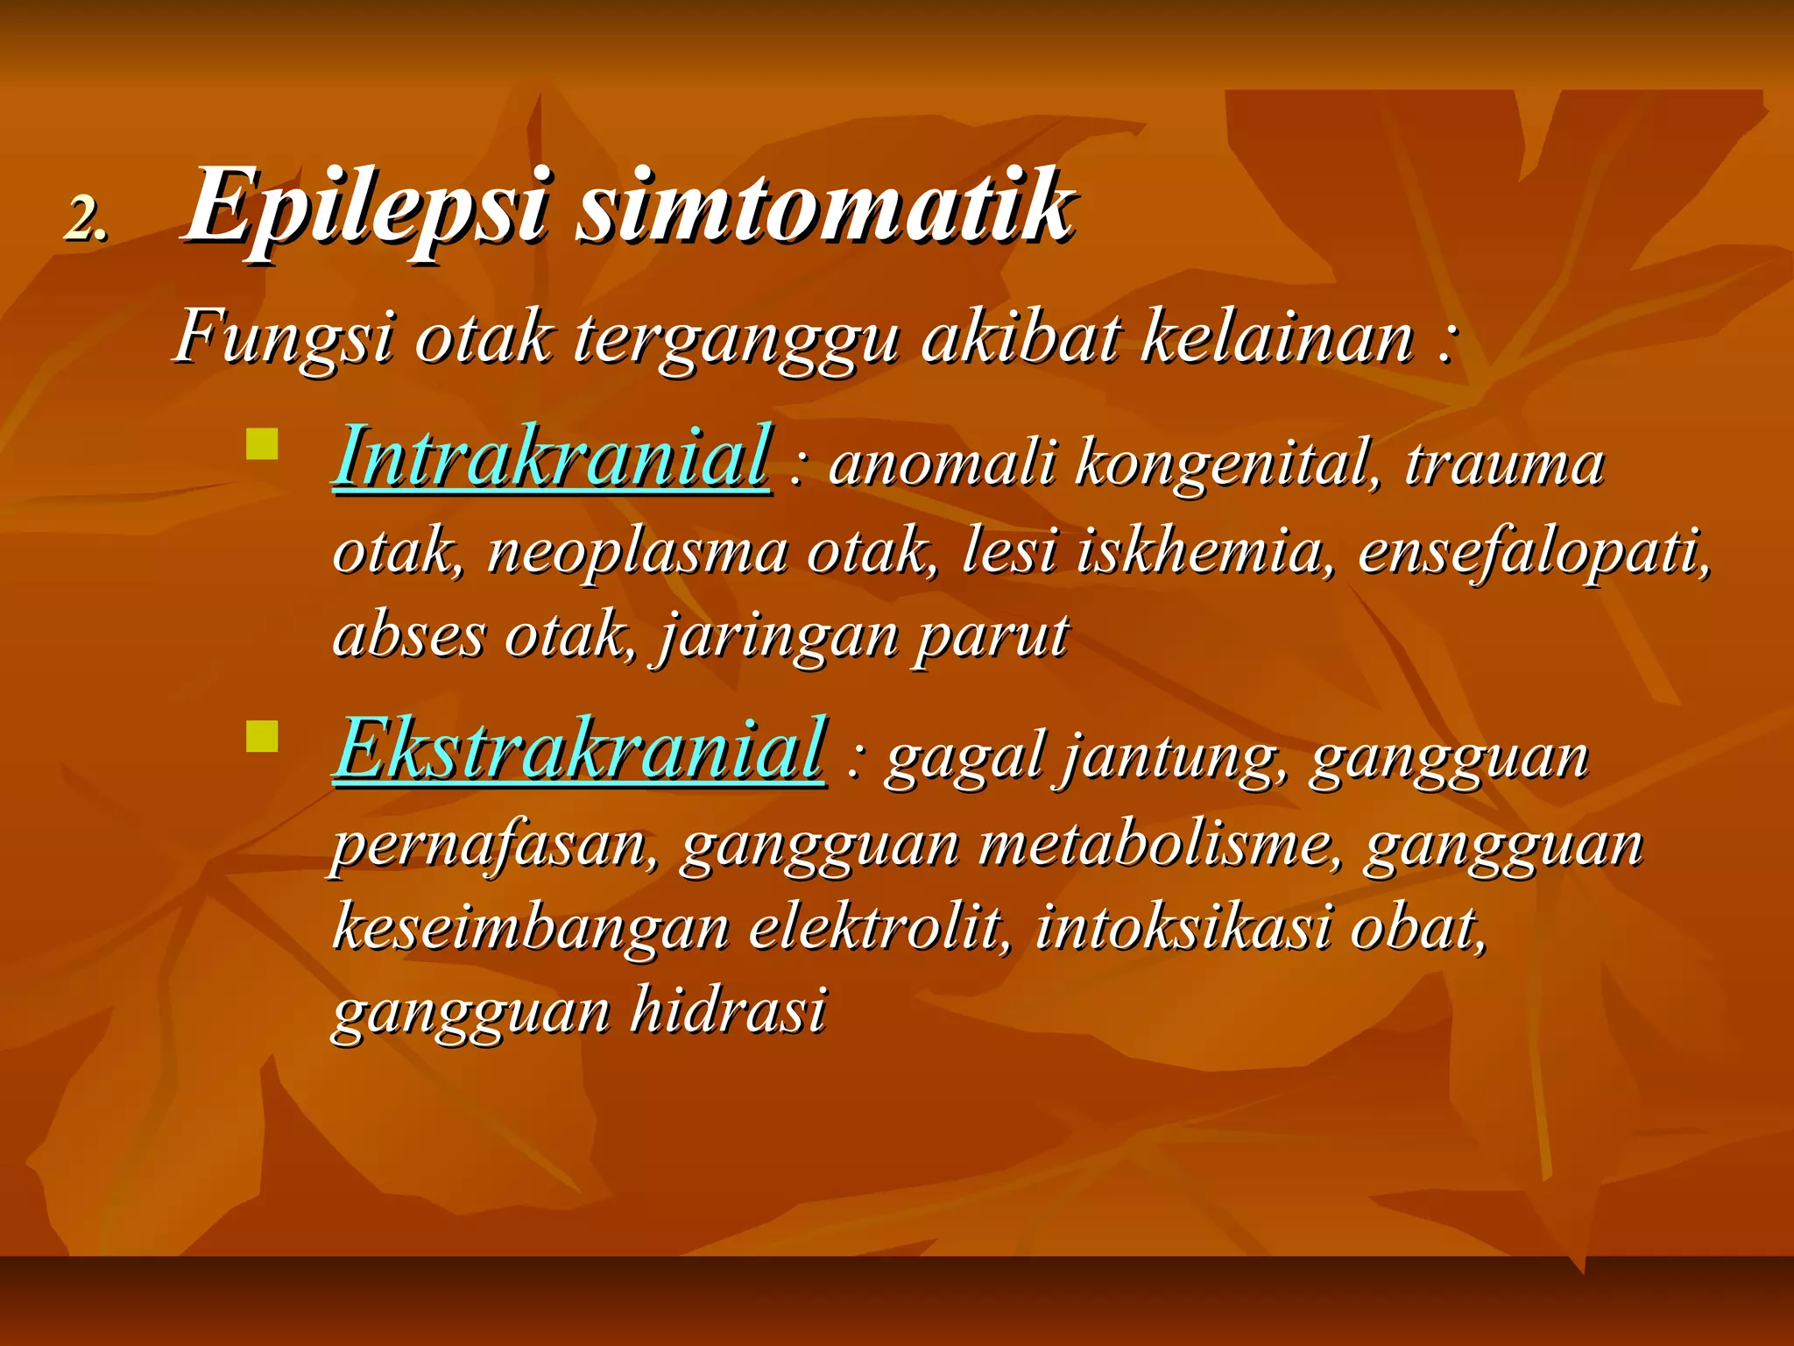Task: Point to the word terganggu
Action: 736,340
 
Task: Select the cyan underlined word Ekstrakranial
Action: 579,750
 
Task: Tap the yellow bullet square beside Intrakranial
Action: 262,444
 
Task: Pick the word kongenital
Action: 1223,464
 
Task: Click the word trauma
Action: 1504,464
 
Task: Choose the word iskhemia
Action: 1198,552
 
